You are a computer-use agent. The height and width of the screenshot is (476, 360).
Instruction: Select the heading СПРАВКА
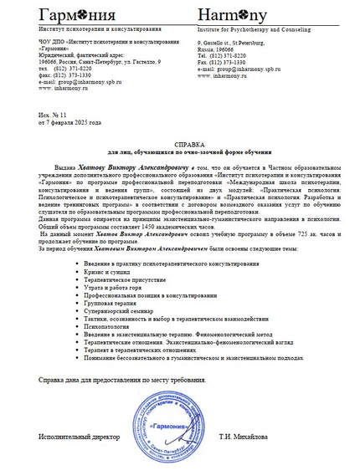tap(179, 144)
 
